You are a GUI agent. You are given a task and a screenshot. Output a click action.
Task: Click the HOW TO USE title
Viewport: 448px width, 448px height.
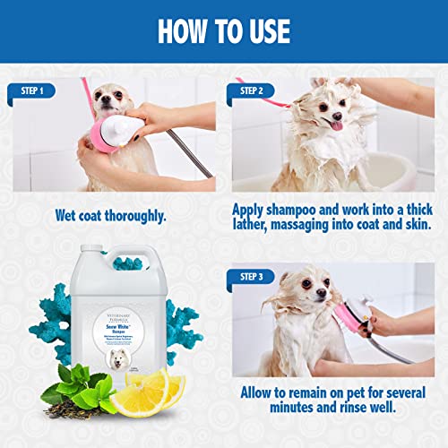tap(224, 30)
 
